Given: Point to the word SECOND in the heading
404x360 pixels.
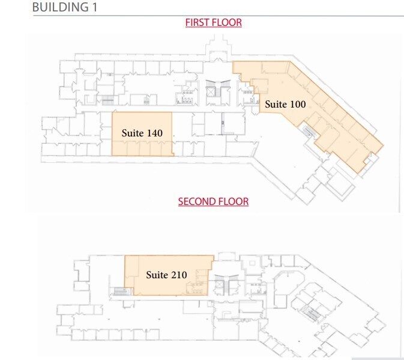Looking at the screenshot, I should click(196, 201).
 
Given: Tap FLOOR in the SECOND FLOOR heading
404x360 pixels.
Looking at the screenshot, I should click(234, 201).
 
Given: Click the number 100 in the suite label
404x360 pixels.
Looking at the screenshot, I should click(298, 104).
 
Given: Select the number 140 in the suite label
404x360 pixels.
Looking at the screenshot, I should click(155, 133).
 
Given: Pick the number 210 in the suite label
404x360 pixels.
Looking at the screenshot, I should click(178, 275).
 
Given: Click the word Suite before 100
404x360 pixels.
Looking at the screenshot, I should click(276, 104).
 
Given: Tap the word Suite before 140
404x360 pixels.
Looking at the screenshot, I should click(133, 133).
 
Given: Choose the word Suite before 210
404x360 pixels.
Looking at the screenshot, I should click(157, 275).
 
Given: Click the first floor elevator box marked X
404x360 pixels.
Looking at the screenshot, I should click(211, 92).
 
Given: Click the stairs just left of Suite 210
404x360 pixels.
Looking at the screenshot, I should click(119, 291).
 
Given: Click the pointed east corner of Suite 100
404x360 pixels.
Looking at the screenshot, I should click(383, 146).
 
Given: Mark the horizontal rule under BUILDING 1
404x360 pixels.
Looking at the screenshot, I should click(216, 16).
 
